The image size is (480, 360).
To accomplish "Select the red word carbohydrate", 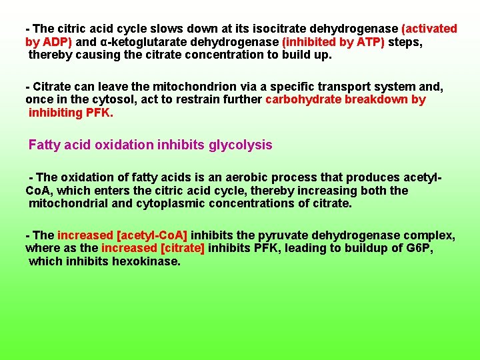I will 303,100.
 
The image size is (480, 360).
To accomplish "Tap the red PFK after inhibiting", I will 99,113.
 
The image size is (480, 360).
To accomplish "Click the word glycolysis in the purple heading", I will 241,145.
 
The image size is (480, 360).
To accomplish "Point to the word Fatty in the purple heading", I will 45,145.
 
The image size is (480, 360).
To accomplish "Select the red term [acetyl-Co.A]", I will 152,235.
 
